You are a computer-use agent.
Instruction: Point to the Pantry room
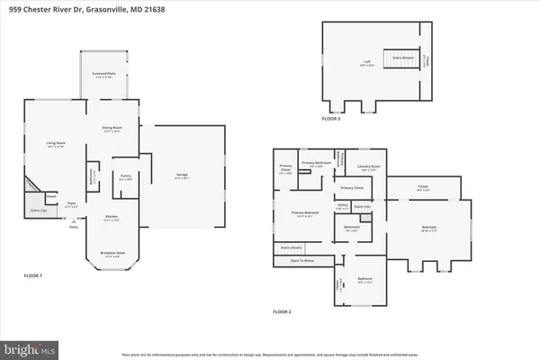click(x=126, y=178)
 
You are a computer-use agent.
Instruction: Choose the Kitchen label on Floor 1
click(x=112, y=219)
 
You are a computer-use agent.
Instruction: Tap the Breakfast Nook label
click(x=112, y=255)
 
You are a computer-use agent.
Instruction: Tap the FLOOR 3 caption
click(x=332, y=117)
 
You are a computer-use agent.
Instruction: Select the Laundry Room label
click(x=366, y=166)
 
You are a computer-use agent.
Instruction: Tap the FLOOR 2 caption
click(x=283, y=310)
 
